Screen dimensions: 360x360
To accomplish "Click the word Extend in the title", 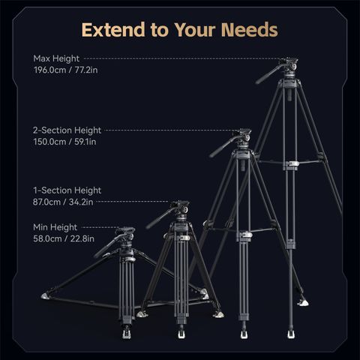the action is pos(113,30).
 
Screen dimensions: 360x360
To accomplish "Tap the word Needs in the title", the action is pos(250,30).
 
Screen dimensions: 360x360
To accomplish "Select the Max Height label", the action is pos(56,58).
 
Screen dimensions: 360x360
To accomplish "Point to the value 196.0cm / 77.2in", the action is pos(65,70).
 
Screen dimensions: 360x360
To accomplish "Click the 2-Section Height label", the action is pos(67,130).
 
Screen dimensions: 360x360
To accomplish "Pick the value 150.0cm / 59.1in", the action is pos(64,142).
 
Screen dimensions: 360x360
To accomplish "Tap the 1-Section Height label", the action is pos(67,190).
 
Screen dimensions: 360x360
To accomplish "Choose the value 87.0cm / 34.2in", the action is pos(63,202).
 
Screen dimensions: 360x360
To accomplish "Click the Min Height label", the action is pos(55,227).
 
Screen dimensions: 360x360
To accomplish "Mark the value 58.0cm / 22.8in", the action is pos(64,238).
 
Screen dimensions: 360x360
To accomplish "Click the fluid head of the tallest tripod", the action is pos(289,67).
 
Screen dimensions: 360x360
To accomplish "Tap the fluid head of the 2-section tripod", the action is pos(243,139).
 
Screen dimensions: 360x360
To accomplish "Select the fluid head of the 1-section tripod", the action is pos(181,211).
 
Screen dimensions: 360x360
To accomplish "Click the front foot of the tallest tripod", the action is pos(291,334).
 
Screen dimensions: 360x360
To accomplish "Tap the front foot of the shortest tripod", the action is pos(127,333).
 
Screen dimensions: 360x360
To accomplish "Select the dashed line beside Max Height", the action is pos(181,58).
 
